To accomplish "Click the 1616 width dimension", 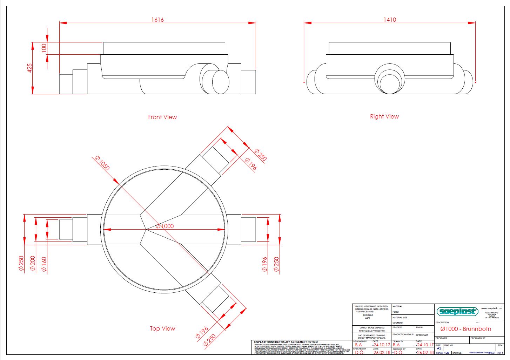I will point(157,20).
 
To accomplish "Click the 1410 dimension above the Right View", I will point(390,20).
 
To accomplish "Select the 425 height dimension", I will point(30,68).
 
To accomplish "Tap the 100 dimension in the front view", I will point(44,48).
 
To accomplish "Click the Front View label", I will point(162,117).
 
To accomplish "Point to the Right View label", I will point(384,116).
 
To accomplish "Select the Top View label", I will point(162,328).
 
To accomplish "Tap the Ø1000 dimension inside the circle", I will point(165,226).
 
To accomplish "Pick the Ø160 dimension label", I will point(44,264).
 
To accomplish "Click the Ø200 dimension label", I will point(33,263).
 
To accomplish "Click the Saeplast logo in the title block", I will point(457,311).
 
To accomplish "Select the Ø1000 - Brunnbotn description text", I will point(465,329).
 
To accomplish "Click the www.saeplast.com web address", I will point(491,308).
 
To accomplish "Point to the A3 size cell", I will point(439,348).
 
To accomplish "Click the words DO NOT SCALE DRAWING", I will point(372,328).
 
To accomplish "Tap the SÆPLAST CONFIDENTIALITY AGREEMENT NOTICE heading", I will point(286,342).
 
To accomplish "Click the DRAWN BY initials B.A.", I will point(397,345).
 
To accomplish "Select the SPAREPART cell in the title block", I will point(422,335).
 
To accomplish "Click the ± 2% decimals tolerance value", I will point(368,318).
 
